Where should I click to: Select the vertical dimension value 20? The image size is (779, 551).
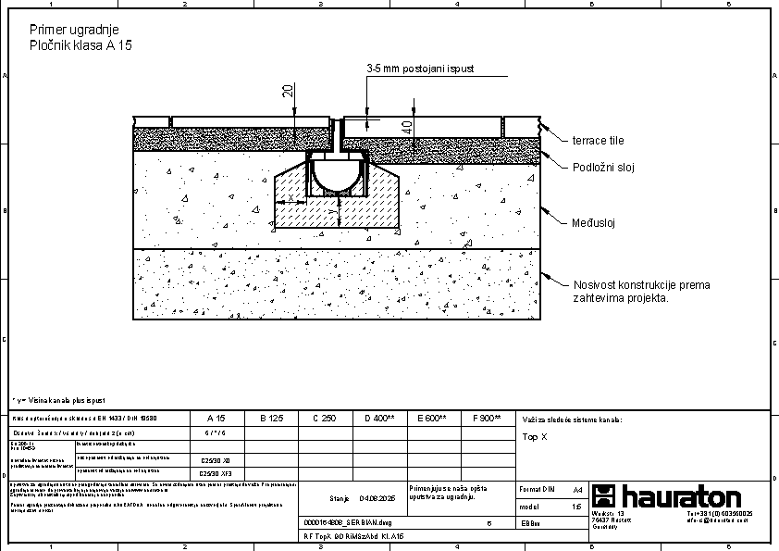(x=288, y=90)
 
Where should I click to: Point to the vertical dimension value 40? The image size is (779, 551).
(x=408, y=125)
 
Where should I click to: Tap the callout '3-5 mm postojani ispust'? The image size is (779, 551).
(x=420, y=69)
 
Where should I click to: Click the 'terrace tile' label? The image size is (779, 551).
(x=598, y=141)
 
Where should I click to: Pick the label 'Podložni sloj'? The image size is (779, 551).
(x=603, y=168)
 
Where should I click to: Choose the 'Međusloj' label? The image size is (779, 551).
(x=593, y=222)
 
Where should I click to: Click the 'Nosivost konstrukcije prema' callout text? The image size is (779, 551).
(x=641, y=285)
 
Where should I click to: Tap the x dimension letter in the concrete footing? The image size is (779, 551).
(x=291, y=198)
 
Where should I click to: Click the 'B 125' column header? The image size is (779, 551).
(x=271, y=419)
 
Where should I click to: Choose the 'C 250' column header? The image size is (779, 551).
(x=324, y=419)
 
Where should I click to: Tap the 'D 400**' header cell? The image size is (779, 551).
(x=379, y=419)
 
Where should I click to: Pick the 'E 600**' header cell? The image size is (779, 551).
(x=433, y=419)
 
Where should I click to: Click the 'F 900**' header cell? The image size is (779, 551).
(x=487, y=419)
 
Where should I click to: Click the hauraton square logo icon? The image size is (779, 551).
(x=603, y=496)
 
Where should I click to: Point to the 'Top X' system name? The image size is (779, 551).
(x=536, y=436)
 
